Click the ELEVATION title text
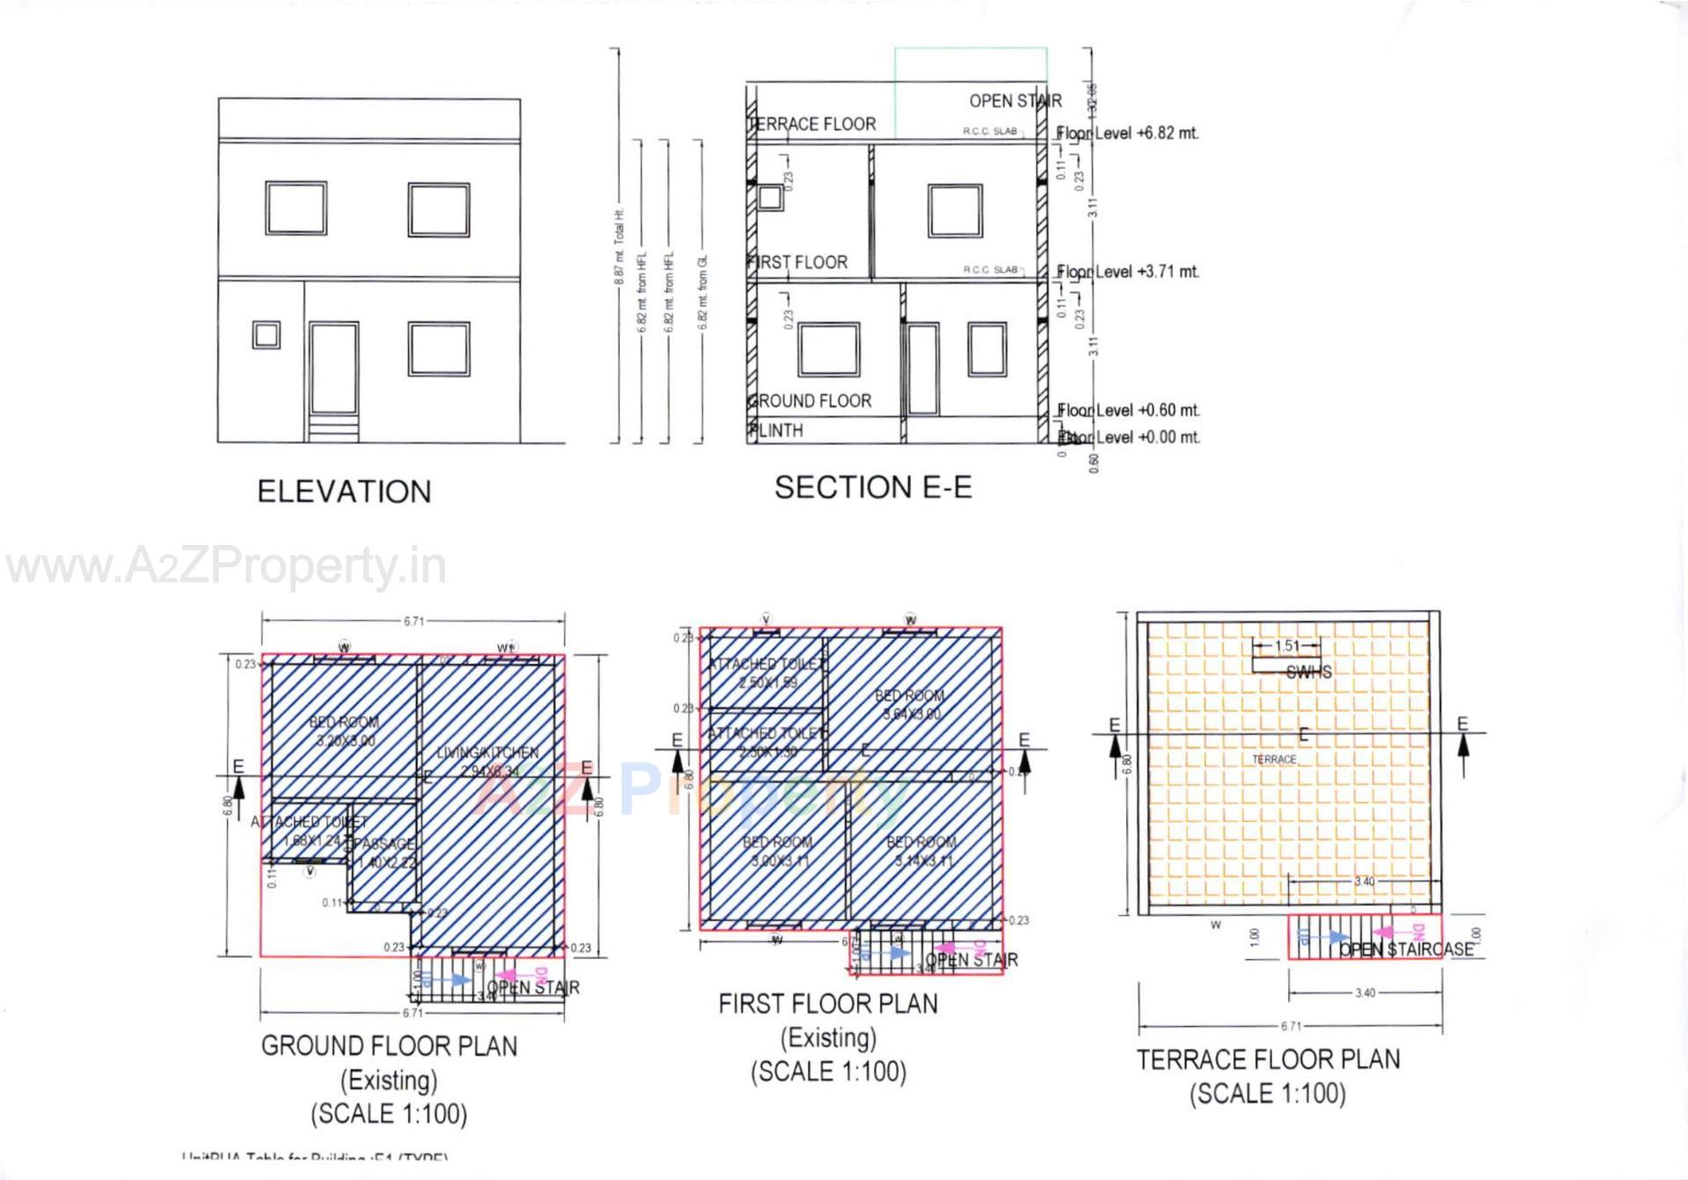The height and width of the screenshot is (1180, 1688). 344,492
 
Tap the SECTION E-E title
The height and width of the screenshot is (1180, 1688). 873,487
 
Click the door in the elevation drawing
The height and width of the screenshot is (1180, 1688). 334,369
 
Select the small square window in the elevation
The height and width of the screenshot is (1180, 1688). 266,335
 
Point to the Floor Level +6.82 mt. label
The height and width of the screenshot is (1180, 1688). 1129,134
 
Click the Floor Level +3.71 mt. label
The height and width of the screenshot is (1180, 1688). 1129,272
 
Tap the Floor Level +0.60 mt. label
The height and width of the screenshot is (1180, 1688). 1129,411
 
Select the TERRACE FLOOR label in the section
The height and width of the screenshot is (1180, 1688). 812,124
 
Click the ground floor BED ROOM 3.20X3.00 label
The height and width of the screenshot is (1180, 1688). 344,732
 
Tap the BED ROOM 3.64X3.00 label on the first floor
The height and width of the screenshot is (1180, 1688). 909,704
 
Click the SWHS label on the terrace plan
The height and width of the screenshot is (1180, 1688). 1308,673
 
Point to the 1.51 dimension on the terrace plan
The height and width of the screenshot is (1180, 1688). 1286,646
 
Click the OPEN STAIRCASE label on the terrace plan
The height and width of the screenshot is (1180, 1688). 1406,950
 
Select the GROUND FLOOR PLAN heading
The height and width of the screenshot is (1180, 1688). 389,1046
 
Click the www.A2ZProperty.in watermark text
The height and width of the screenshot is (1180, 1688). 226,567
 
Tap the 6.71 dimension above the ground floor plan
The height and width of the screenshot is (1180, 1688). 413,622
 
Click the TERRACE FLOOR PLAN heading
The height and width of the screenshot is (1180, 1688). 1268,1060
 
